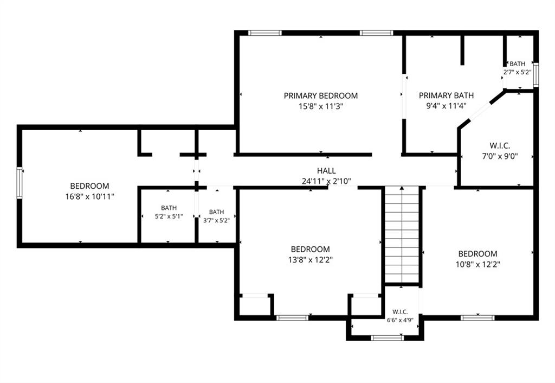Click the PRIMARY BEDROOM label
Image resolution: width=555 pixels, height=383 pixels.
click(x=321, y=95)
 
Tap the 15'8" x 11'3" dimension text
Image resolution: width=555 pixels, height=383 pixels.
click(x=321, y=106)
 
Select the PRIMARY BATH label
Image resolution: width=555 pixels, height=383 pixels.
click(x=446, y=95)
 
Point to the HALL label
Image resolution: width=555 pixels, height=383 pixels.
click(x=326, y=171)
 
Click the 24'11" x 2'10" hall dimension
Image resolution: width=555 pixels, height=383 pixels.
click(x=326, y=181)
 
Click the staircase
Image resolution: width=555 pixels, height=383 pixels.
click(x=402, y=235)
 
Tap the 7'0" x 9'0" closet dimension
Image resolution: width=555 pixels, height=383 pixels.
click(x=500, y=156)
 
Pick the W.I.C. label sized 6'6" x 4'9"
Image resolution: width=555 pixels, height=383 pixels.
click(x=400, y=312)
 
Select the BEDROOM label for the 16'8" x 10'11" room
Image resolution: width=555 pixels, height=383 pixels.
click(x=89, y=186)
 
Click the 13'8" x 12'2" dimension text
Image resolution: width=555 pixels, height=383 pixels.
click(x=311, y=260)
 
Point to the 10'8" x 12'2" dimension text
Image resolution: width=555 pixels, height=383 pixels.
click(x=478, y=264)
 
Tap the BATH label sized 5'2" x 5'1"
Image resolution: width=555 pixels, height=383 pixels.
click(x=169, y=208)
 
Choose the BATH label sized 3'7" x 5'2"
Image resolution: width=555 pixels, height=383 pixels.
click(x=216, y=212)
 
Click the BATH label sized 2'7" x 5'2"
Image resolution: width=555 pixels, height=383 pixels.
click(x=517, y=64)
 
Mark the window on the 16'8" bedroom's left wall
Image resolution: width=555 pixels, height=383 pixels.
click(x=20, y=183)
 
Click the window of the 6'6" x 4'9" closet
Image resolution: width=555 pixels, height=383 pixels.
click(x=387, y=338)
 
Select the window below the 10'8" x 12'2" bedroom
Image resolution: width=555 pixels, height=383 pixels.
click(x=477, y=318)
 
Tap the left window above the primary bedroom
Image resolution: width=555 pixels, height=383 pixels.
click(x=264, y=33)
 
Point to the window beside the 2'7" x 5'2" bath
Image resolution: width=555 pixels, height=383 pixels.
click(x=536, y=75)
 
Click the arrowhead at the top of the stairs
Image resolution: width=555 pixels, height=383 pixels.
click(x=402, y=188)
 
